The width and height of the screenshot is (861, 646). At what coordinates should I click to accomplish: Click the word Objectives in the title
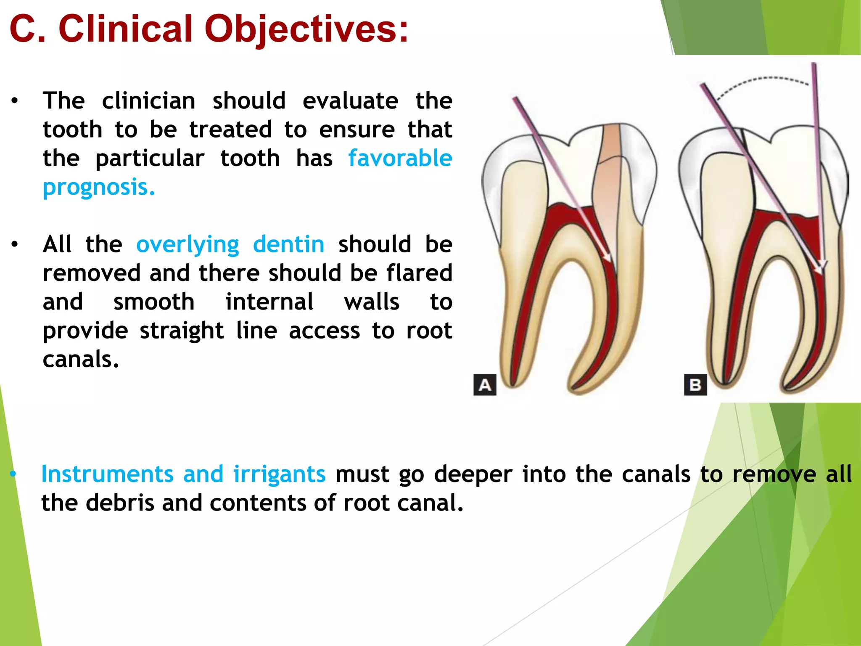306,29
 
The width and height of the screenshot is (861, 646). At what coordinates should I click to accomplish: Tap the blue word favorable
400,159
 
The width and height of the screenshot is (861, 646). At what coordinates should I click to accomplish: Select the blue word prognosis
99,188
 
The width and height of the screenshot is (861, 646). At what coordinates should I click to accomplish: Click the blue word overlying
188,245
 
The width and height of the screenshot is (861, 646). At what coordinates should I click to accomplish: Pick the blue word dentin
288,244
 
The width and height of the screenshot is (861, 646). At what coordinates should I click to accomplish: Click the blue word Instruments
107,474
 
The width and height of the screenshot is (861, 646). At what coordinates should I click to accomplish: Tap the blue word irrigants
279,474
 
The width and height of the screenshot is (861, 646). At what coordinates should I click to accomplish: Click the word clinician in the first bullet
148,101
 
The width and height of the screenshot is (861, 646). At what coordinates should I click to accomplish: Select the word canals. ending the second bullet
81,360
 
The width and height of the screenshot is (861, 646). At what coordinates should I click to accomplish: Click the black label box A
485,385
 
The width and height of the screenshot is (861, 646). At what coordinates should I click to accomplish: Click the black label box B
695,385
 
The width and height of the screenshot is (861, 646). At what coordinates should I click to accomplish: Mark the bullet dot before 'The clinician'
15,101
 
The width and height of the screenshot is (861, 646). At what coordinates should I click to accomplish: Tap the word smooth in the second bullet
154,302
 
